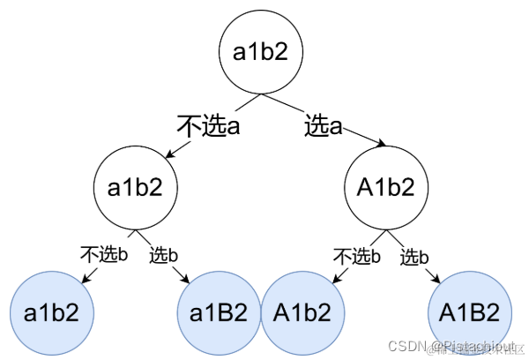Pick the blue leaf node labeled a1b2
coord(51,313)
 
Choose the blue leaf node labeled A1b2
coord(302,313)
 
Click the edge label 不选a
coord(209,126)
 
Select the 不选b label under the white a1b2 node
coord(104,256)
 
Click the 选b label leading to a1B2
coord(163,256)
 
